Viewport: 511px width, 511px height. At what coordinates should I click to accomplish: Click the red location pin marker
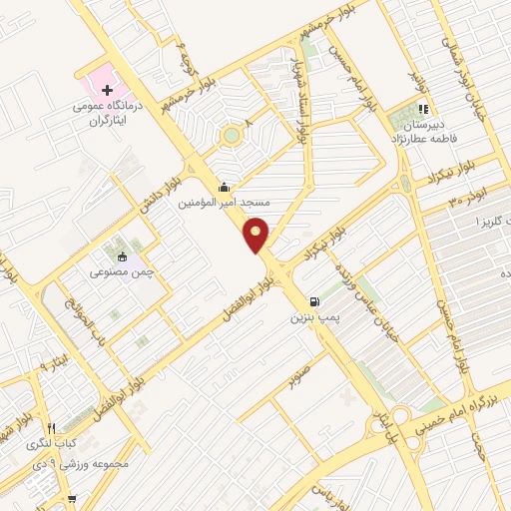click(257, 234)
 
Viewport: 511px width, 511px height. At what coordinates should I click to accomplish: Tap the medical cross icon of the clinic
click(108, 91)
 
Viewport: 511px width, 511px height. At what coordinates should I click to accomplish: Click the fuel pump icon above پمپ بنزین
click(316, 301)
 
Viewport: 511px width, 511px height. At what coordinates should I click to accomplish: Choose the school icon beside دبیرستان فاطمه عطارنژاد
click(423, 109)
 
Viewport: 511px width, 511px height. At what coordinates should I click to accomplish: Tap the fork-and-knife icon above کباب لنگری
click(61, 424)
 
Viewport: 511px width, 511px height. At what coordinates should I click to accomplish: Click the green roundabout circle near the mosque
click(232, 135)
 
